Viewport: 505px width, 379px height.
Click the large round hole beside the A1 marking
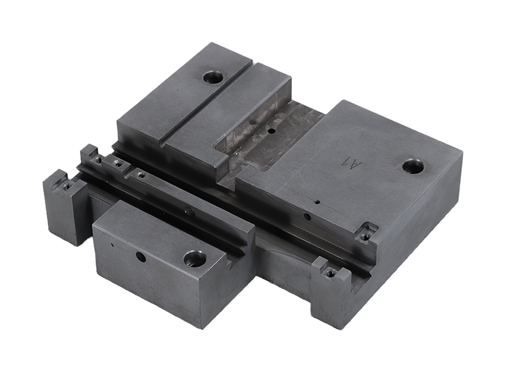coord(413,167)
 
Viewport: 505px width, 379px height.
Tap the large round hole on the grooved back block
coord(213,78)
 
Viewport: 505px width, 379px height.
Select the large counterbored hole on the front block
coord(194,259)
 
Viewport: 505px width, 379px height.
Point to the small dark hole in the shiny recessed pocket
coord(272,131)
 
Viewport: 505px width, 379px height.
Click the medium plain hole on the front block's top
coord(141,257)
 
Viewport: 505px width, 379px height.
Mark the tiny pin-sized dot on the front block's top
coord(112,245)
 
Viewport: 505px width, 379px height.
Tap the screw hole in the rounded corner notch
coord(365,236)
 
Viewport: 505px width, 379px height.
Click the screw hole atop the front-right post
coord(330,274)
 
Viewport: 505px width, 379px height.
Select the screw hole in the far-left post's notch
coord(67,185)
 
